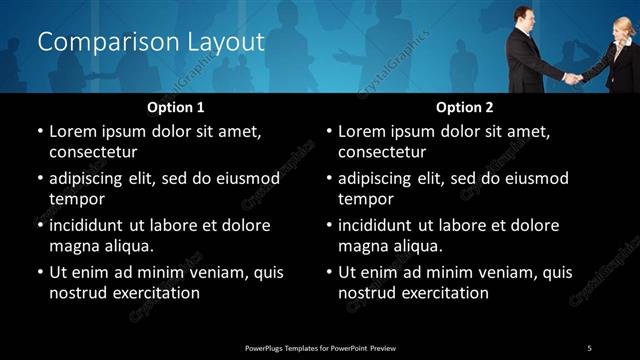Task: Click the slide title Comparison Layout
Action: pyautogui.click(x=150, y=42)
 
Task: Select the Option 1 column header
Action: pyautogui.click(x=176, y=107)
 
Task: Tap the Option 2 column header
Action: pyautogui.click(x=465, y=107)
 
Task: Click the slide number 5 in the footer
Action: pyautogui.click(x=589, y=347)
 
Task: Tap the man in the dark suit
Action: pyautogui.click(x=527, y=60)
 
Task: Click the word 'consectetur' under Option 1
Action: pyautogui.click(x=93, y=153)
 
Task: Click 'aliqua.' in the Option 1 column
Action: pyautogui.click(x=125, y=246)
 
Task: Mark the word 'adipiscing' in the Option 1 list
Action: pyautogui.click(x=90, y=178)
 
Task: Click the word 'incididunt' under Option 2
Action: pyautogui.click(x=379, y=225)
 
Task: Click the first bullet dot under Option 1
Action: pyautogui.click(x=39, y=131)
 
